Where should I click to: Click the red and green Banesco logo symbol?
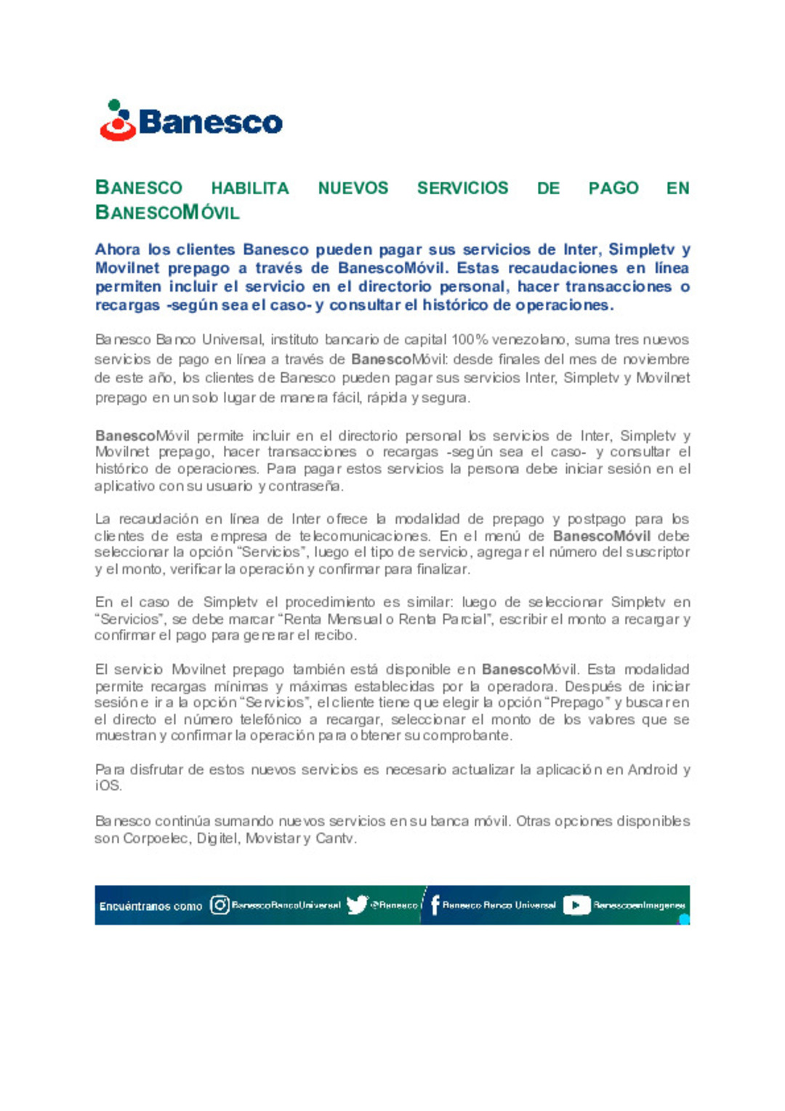point(117,121)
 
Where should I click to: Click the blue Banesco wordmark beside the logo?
point(210,122)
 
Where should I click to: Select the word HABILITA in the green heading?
point(249,188)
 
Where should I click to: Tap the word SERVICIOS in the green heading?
point(462,188)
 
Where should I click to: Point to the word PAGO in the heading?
point(613,188)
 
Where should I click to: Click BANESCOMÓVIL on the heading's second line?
point(167,213)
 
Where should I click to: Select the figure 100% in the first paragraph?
point(470,340)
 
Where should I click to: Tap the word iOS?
point(108,786)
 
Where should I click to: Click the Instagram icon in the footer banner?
point(220,905)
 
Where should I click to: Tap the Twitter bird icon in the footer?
point(356,905)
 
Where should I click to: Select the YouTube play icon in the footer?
point(576,905)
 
